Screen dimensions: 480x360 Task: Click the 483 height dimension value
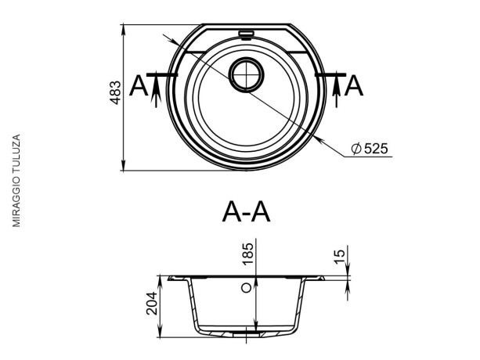(x=116, y=92)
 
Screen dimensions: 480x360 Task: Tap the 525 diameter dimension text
(x=376, y=149)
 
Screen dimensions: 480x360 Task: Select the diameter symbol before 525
(x=356, y=149)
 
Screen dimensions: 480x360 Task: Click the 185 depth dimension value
(x=247, y=254)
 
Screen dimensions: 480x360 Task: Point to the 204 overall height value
(x=152, y=304)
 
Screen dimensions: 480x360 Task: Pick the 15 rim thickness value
(x=339, y=257)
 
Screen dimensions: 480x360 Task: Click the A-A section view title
(x=247, y=212)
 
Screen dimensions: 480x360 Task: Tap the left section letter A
(x=139, y=86)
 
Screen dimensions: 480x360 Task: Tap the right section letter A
(x=354, y=86)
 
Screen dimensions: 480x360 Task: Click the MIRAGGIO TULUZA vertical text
(x=16, y=181)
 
